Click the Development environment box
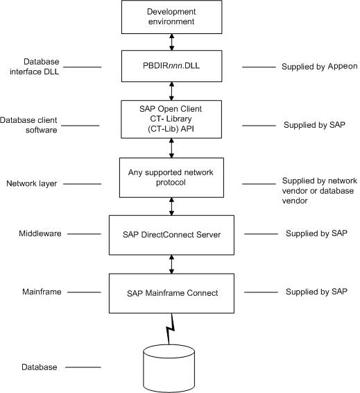172,17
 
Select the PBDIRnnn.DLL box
172,66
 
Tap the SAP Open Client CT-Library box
171,119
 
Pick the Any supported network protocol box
171,178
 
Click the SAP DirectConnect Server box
171,235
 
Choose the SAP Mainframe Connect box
171,293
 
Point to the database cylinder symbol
169,369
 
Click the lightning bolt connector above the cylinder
170,329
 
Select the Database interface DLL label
34,67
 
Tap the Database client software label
28,125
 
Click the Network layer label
31,183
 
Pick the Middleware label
40,233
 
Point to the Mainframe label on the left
42,292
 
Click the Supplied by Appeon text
320,67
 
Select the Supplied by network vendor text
320,191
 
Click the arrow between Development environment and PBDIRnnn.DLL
172,42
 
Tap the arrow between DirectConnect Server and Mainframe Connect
171,265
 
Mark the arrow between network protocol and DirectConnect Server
171,206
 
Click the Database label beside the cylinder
40,367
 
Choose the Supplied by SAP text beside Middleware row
316,233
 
